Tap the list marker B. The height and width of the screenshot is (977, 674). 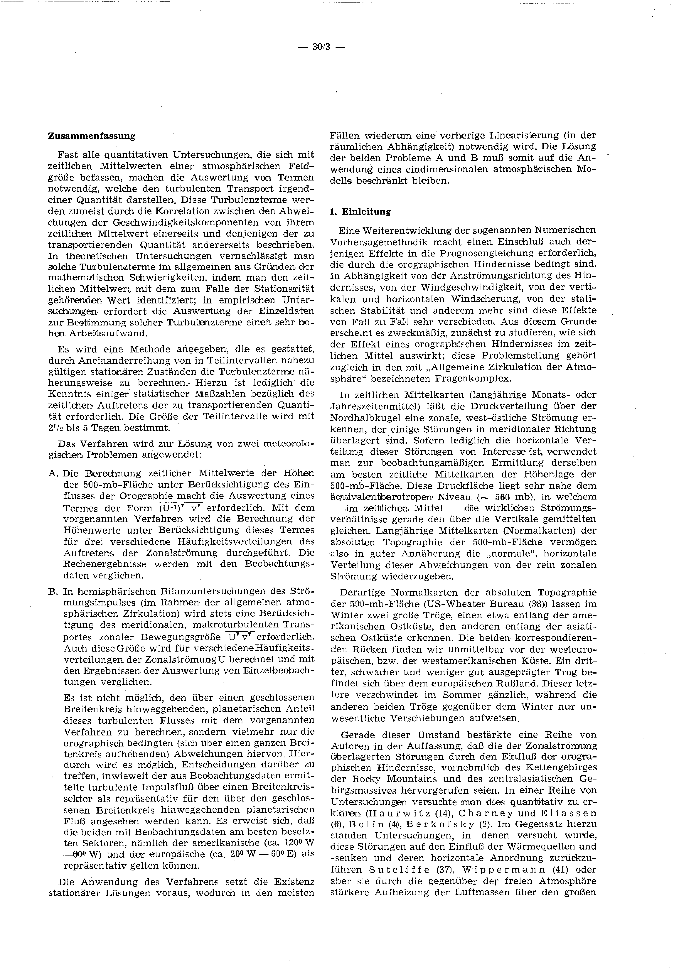point(53,591)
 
